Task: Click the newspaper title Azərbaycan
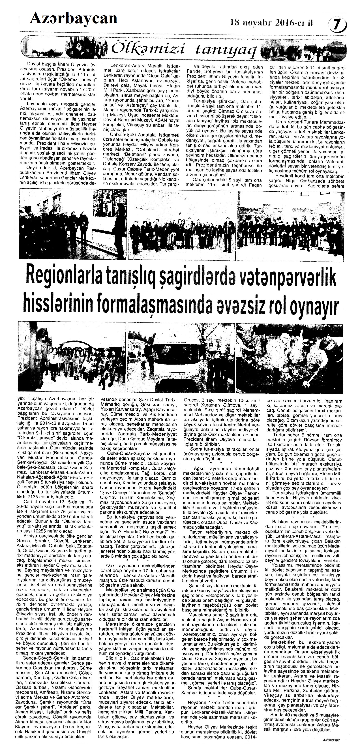[73, 18]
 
